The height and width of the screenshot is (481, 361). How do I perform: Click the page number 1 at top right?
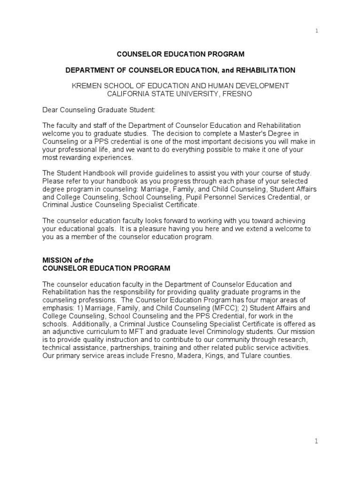tap(316, 31)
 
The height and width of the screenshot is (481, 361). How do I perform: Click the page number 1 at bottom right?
tap(316, 441)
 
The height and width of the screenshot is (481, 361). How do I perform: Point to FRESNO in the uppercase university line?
tap(239, 93)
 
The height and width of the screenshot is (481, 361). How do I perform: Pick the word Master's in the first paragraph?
tap(263, 133)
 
